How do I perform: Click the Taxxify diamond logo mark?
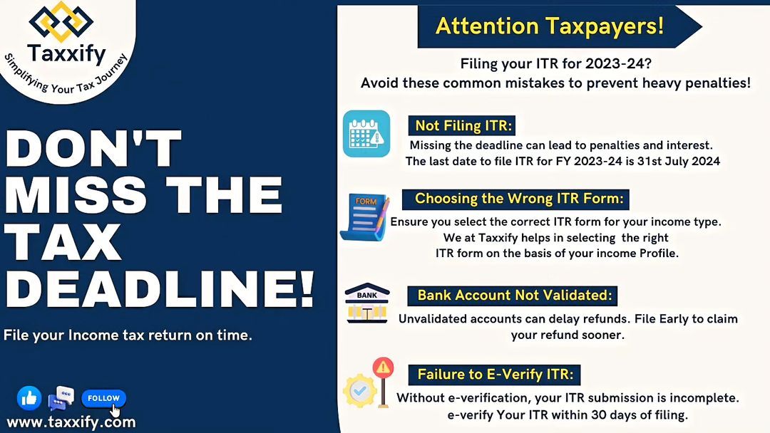(x=61, y=21)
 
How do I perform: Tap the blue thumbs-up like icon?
(x=29, y=397)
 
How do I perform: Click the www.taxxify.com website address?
(x=71, y=422)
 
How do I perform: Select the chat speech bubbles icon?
(x=61, y=397)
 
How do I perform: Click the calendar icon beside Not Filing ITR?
(x=366, y=133)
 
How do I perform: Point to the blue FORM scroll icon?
(x=364, y=216)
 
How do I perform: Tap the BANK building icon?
(x=367, y=303)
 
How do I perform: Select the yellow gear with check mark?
(x=360, y=390)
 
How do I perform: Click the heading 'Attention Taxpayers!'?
(x=550, y=26)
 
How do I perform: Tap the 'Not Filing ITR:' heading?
(x=463, y=125)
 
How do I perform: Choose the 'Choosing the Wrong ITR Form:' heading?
(x=518, y=199)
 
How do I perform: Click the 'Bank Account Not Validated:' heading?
(x=515, y=296)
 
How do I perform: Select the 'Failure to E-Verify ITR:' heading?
(x=495, y=375)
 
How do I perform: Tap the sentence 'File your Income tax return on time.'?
(x=128, y=335)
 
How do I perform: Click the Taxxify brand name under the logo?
(x=66, y=53)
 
